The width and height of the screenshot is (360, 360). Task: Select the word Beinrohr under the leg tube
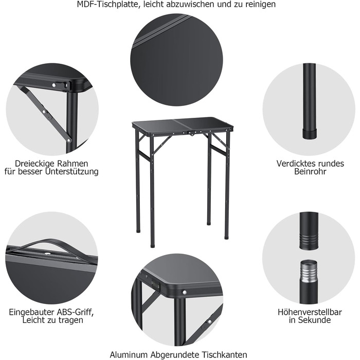click(310, 171)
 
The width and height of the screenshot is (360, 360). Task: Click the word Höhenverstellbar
click(310, 312)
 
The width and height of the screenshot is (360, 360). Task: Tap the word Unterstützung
click(72, 172)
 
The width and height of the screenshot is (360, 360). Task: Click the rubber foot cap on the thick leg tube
click(310, 134)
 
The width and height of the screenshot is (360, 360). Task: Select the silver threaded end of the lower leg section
click(309, 271)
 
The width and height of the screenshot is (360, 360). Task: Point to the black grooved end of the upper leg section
click(309, 241)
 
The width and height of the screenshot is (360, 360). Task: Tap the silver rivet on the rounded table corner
click(184, 292)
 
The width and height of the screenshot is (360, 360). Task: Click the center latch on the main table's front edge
click(191, 133)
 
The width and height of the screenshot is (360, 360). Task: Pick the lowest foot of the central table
click(152, 246)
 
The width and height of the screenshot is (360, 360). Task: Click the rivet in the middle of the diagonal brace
click(44, 112)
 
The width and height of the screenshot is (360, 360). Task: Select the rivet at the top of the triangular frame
click(54, 85)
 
